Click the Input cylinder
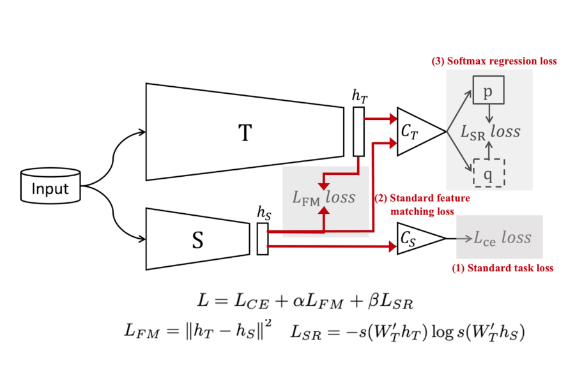tap(50, 189)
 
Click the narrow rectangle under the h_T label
tap(358, 131)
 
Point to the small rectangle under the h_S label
tap(262, 239)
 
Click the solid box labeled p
tap(488, 91)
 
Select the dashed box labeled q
tap(488, 171)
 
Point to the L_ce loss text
tap(502, 237)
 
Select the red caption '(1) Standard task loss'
tap(503, 268)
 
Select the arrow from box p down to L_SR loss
tap(489, 113)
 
